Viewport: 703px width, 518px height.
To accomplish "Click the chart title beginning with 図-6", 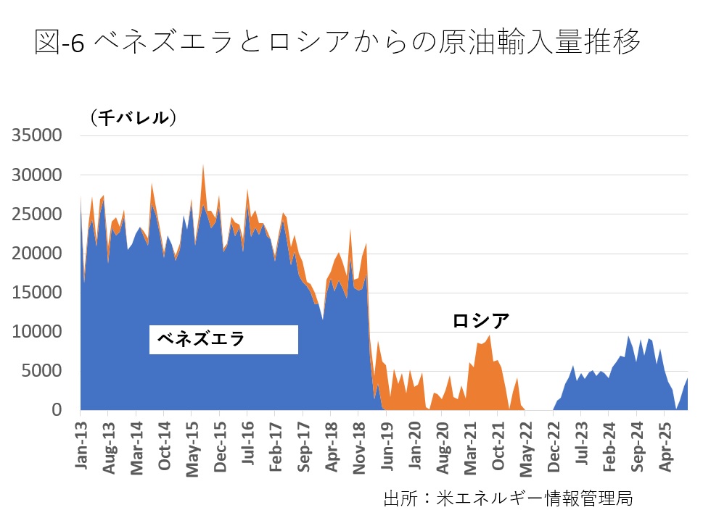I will coord(337,43).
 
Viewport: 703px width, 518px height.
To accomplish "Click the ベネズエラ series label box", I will coord(223,339).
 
